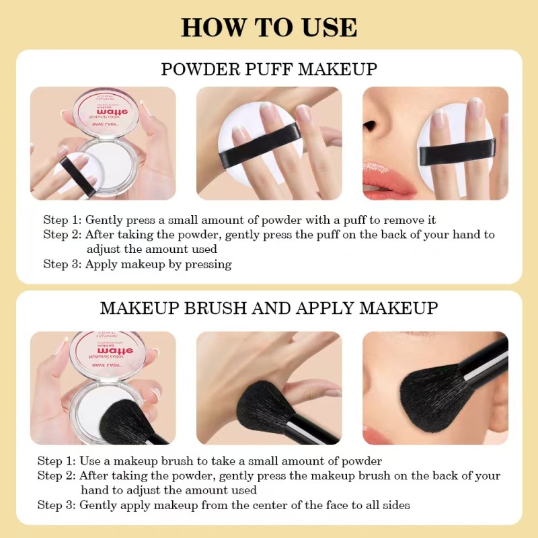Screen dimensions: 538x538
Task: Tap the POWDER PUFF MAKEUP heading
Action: tap(269, 69)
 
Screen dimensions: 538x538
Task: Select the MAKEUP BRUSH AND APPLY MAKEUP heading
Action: tap(269, 309)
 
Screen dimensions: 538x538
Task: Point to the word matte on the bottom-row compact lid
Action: tap(105, 349)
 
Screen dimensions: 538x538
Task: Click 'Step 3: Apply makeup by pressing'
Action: tap(137, 264)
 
